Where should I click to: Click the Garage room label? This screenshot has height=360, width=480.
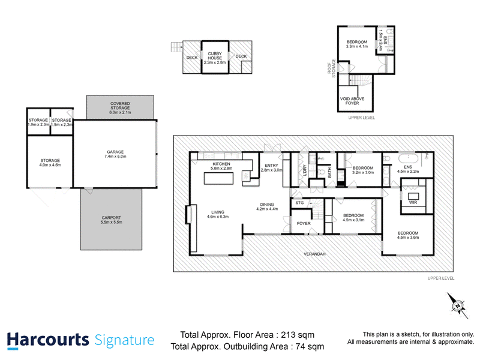(x=115, y=152)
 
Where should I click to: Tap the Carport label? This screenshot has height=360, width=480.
(x=112, y=218)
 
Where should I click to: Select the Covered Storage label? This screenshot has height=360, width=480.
(x=120, y=106)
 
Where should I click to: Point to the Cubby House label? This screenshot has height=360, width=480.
(x=215, y=56)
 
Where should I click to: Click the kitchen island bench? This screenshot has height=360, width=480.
(x=218, y=178)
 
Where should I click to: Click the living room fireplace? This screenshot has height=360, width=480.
(x=188, y=214)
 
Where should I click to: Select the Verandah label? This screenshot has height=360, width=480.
(x=314, y=254)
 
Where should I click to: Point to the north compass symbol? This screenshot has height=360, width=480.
(x=458, y=305)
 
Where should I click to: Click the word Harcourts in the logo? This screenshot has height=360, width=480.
(x=48, y=340)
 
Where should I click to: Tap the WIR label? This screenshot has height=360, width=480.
(x=413, y=202)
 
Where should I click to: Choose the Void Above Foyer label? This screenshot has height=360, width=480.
(x=352, y=101)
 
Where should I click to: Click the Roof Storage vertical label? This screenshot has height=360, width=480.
(x=332, y=68)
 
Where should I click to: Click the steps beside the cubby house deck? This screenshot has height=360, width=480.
(x=176, y=47)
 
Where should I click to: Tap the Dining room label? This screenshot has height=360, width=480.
(x=267, y=205)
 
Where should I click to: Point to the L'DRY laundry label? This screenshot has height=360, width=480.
(x=305, y=170)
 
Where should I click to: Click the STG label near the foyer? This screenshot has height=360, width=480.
(x=299, y=203)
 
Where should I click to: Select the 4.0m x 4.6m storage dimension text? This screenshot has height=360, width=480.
(x=50, y=165)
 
